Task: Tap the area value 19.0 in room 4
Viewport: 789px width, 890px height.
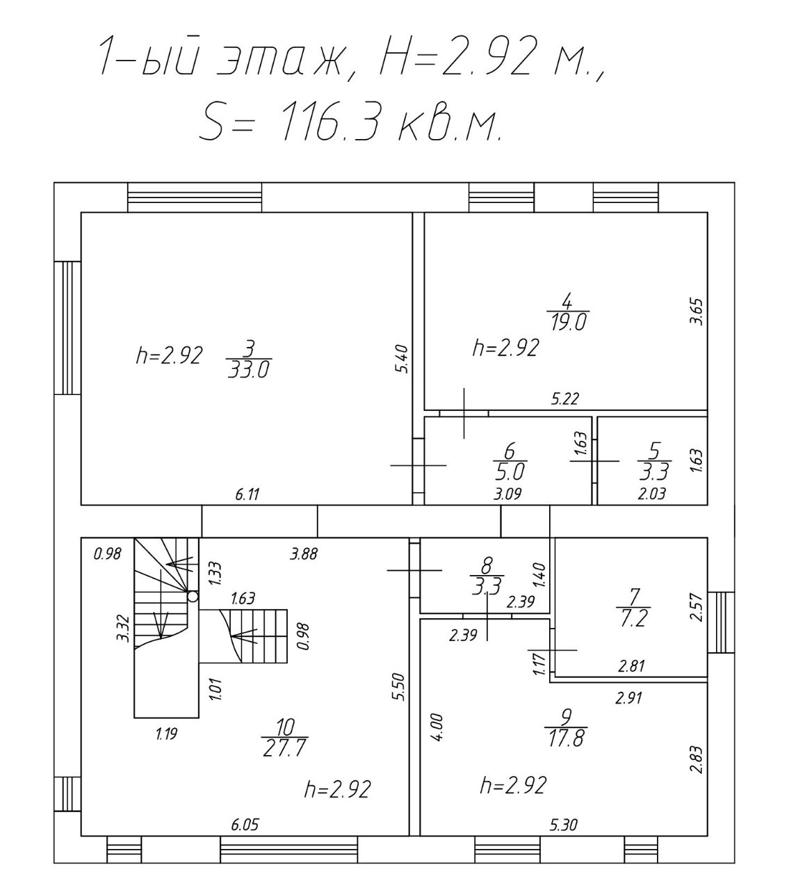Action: pyautogui.click(x=568, y=323)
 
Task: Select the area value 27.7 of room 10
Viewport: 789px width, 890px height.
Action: pyautogui.click(x=285, y=749)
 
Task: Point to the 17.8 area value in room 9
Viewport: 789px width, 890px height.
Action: pyautogui.click(x=567, y=738)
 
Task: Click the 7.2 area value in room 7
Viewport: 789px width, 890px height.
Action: pyautogui.click(x=633, y=620)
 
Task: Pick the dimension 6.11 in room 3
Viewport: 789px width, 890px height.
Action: pyautogui.click(x=247, y=494)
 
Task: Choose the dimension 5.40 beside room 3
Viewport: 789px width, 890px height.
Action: pyautogui.click(x=402, y=359)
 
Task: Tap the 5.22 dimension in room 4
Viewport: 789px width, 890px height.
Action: pyautogui.click(x=565, y=399)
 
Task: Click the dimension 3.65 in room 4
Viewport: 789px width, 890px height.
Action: pyautogui.click(x=697, y=311)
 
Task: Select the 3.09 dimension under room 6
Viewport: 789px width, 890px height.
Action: pyautogui.click(x=507, y=494)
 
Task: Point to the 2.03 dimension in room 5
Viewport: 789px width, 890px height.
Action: pyautogui.click(x=652, y=494)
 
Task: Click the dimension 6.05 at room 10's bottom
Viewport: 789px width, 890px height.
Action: pyautogui.click(x=245, y=825)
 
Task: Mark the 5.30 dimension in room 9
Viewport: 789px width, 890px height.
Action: pyautogui.click(x=564, y=825)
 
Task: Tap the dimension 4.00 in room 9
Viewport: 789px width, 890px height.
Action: pyautogui.click(x=437, y=727)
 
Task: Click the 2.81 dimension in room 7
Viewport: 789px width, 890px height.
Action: pyautogui.click(x=631, y=666)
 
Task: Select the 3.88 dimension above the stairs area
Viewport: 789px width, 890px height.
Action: pyautogui.click(x=304, y=554)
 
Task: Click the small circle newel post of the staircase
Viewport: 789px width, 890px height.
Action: pyautogui.click(x=193, y=596)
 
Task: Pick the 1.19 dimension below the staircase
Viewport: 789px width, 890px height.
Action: pyautogui.click(x=167, y=734)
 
